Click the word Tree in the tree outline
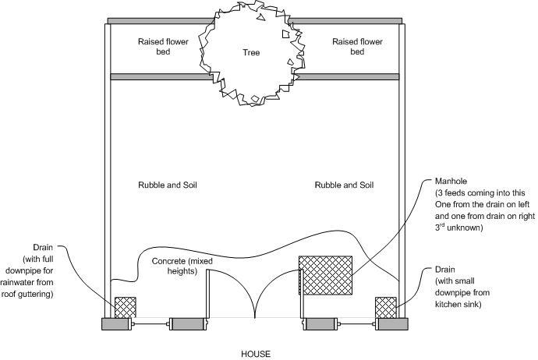tap(250, 53)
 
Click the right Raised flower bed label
tap(356, 47)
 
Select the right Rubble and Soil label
tap(344, 185)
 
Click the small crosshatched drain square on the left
tap(125, 307)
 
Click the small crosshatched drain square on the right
tap(386, 307)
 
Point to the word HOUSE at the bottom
tap(256, 354)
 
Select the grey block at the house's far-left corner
tap(116, 325)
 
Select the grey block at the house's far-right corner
tap(392, 325)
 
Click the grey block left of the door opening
tap(186, 325)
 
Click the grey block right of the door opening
tap(320, 325)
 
